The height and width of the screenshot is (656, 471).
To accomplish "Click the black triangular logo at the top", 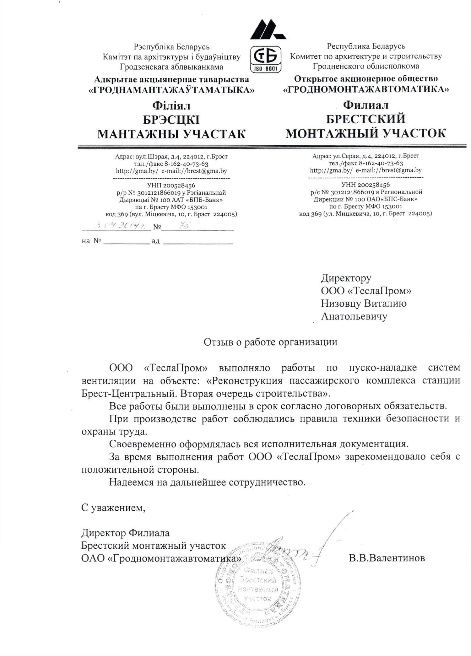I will pos(267,30).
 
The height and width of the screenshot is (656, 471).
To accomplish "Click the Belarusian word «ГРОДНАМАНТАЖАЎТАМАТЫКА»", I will pos(171,90).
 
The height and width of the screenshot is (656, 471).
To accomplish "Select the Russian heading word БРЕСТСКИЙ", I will pos(365,119).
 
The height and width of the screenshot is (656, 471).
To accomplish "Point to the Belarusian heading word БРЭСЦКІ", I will pos(171,120).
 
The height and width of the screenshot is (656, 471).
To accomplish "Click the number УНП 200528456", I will pos(171,186).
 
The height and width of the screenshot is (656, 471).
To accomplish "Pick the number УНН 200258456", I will pos(365,185).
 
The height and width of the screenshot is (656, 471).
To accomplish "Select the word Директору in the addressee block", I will pos(346,278).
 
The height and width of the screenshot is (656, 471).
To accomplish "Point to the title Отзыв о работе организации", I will pos(270,342).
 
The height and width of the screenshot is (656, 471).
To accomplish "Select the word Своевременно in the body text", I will pos(143,444).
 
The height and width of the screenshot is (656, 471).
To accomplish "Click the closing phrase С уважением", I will pos(113,508).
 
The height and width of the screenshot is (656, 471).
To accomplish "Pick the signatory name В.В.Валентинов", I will pos(387,558).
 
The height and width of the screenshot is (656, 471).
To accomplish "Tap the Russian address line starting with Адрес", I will pos(365,156).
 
